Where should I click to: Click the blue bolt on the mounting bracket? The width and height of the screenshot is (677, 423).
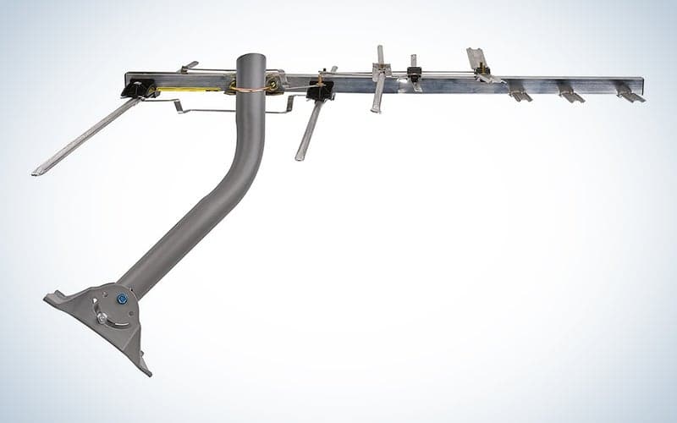[x=122, y=299]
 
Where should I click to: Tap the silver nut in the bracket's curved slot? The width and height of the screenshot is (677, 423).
[x=102, y=316]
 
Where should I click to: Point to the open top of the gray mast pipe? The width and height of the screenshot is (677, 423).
[x=250, y=58]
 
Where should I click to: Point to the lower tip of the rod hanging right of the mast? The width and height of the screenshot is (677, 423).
[x=299, y=157]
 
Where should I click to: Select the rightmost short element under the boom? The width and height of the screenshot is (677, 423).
[x=630, y=95]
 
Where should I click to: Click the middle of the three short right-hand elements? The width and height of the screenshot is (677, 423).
[x=571, y=95]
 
